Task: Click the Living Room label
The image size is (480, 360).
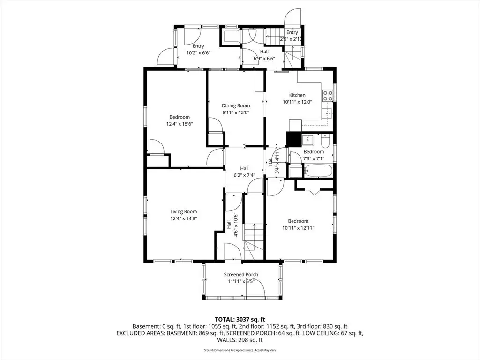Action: [183, 211]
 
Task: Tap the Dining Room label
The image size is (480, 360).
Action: [236, 105]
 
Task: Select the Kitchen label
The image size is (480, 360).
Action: [297, 95]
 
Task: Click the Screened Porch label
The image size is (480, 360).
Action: [241, 275]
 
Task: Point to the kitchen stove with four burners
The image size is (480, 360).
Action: [328, 96]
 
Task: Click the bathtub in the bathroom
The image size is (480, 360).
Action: [318, 171]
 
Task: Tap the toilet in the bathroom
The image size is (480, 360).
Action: [325, 141]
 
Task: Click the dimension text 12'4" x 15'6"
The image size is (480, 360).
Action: [180, 124]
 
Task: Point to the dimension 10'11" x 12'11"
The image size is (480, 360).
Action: [298, 228]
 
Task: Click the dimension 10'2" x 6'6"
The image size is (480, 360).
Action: [198, 52]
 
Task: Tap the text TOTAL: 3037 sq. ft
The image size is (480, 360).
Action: [240, 320]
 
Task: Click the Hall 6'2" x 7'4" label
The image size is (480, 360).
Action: [244, 172]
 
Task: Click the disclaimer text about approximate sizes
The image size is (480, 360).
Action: [240, 350]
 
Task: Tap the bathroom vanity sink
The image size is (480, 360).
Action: [307, 140]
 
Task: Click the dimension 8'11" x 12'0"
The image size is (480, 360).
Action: [236, 112]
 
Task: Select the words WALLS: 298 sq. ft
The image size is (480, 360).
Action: [240, 340]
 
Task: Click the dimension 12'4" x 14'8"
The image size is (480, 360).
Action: [183, 218]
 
